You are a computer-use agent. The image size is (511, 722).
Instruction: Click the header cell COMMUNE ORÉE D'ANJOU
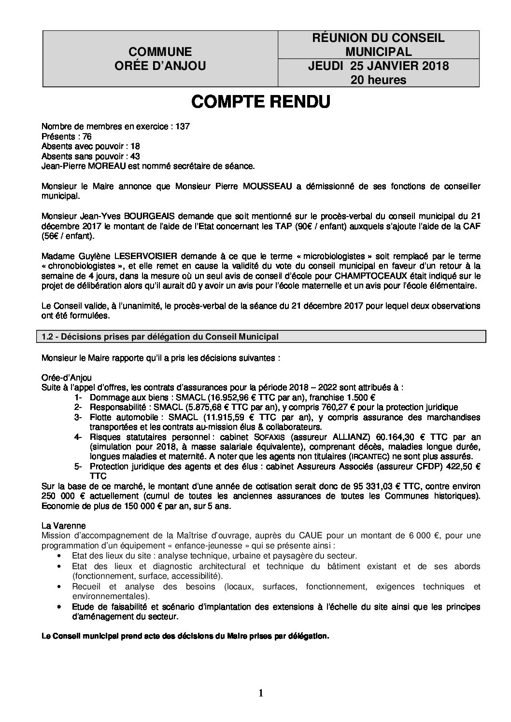tap(160, 59)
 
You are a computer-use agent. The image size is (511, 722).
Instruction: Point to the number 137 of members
tap(183, 126)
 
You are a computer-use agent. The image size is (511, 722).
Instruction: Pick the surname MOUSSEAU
tap(268, 186)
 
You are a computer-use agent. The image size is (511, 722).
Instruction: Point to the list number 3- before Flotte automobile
tap(78, 417)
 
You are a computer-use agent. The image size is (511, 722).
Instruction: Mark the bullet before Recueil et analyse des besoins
tap(59, 586)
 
